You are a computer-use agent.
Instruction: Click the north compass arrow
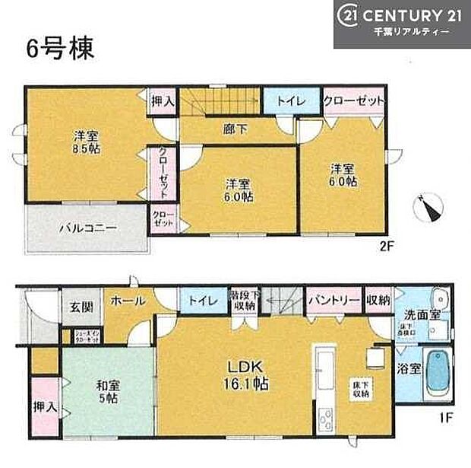pos(428,208)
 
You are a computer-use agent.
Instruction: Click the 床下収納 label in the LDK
pos(360,388)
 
